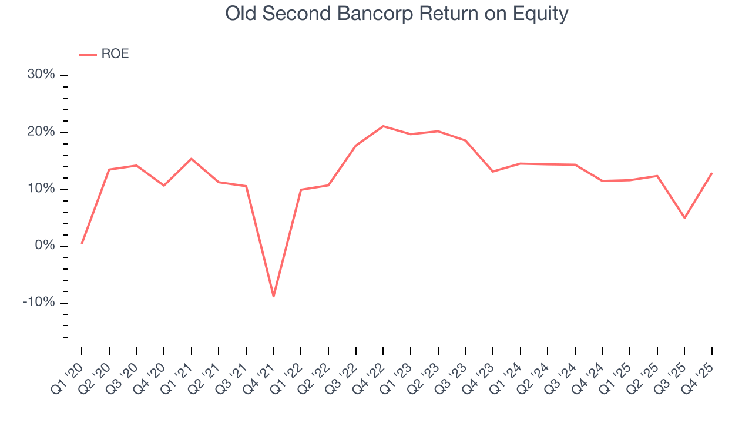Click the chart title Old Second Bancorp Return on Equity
[x=397, y=14]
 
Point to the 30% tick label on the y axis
[x=41, y=75]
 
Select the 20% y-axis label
[x=41, y=132]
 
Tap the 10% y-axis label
[x=41, y=189]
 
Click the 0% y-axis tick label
[x=45, y=246]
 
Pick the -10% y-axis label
[x=39, y=303]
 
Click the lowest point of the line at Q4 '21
[x=273, y=296]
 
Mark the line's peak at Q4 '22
[x=383, y=126]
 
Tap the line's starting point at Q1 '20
[x=82, y=243]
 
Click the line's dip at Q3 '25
[x=684, y=218]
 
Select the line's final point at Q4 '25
[x=712, y=173]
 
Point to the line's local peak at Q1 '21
[x=191, y=159]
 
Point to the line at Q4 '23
[x=493, y=172]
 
